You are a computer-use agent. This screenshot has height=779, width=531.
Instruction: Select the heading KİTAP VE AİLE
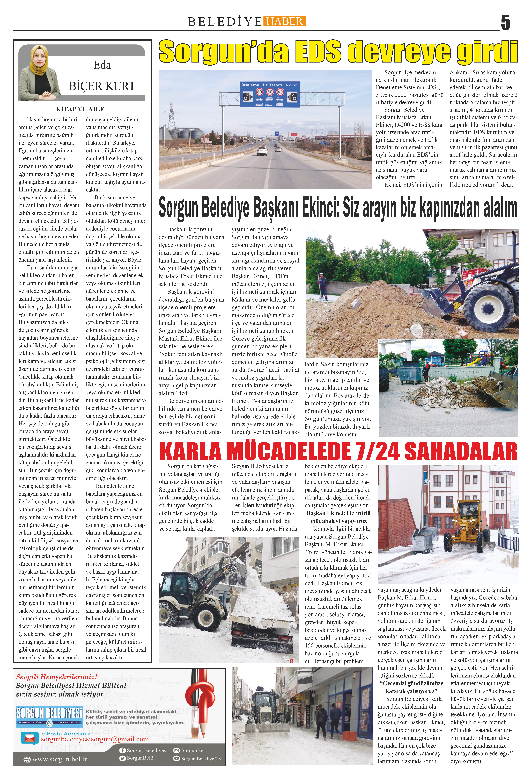(80, 109)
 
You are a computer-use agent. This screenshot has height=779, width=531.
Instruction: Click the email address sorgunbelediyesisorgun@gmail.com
(95, 739)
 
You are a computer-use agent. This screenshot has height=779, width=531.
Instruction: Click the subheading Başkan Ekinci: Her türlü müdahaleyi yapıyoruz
(338, 517)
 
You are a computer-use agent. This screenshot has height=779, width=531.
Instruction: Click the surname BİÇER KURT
(102, 86)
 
